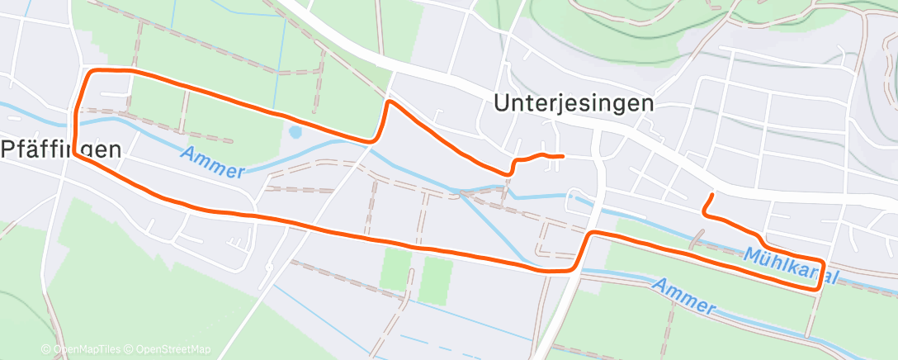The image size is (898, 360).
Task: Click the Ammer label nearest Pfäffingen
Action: tap(212, 162)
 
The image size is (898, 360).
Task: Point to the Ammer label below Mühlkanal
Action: tap(683, 295)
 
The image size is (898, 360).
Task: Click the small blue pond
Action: tap(295, 131)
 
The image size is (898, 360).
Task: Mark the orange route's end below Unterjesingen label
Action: tap(562, 156)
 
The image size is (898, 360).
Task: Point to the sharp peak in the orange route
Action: tap(389, 102)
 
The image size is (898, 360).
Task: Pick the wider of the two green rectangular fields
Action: tap(435, 280)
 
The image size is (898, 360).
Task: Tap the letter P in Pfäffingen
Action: tap(8, 149)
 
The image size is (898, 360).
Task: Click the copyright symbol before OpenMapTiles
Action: tap(49, 349)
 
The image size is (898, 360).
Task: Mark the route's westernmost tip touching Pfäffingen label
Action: tap(74, 151)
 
